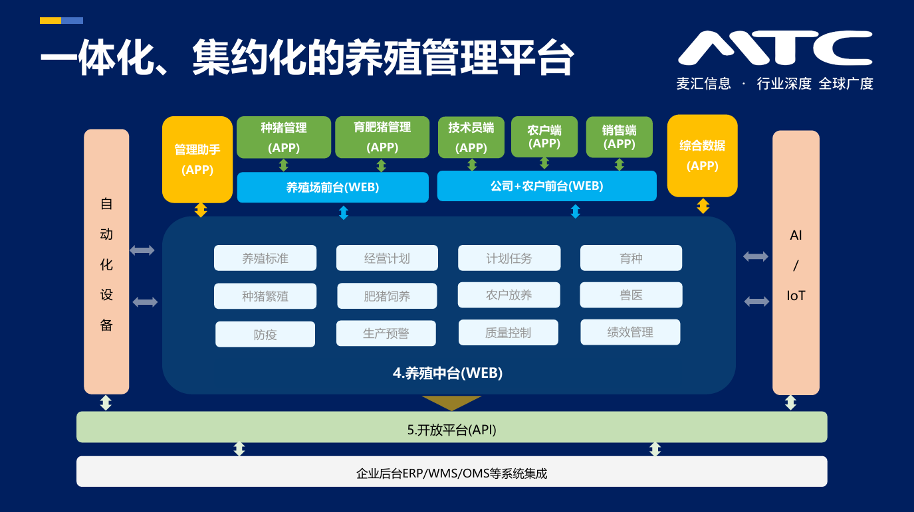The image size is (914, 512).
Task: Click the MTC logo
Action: click(774, 48)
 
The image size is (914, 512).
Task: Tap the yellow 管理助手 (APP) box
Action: click(197, 159)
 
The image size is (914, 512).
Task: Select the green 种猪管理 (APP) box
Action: click(284, 137)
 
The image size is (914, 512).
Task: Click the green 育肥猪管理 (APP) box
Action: click(382, 137)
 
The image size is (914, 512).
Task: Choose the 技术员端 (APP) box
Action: click(471, 137)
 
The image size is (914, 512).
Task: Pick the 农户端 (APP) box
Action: click(544, 137)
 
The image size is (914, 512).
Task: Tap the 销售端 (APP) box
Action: click(620, 137)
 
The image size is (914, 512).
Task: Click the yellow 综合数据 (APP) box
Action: click(702, 156)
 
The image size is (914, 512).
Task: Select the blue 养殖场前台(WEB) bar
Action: click(332, 187)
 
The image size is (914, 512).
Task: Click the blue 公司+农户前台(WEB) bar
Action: click(546, 186)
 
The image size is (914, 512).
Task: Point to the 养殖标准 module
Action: click(265, 258)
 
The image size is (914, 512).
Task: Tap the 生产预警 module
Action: click(386, 333)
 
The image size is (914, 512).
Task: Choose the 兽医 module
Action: click(631, 295)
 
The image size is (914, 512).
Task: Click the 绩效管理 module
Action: click(630, 332)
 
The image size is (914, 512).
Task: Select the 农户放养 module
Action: click(509, 295)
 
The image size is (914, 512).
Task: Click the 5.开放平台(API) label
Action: click(451, 430)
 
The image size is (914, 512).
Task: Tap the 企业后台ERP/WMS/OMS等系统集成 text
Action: click(451, 473)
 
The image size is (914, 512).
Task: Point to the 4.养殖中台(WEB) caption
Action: click(447, 373)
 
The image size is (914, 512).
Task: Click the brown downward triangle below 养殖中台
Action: click(451, 402)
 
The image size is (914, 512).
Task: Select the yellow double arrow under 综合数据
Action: click(703, 206)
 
